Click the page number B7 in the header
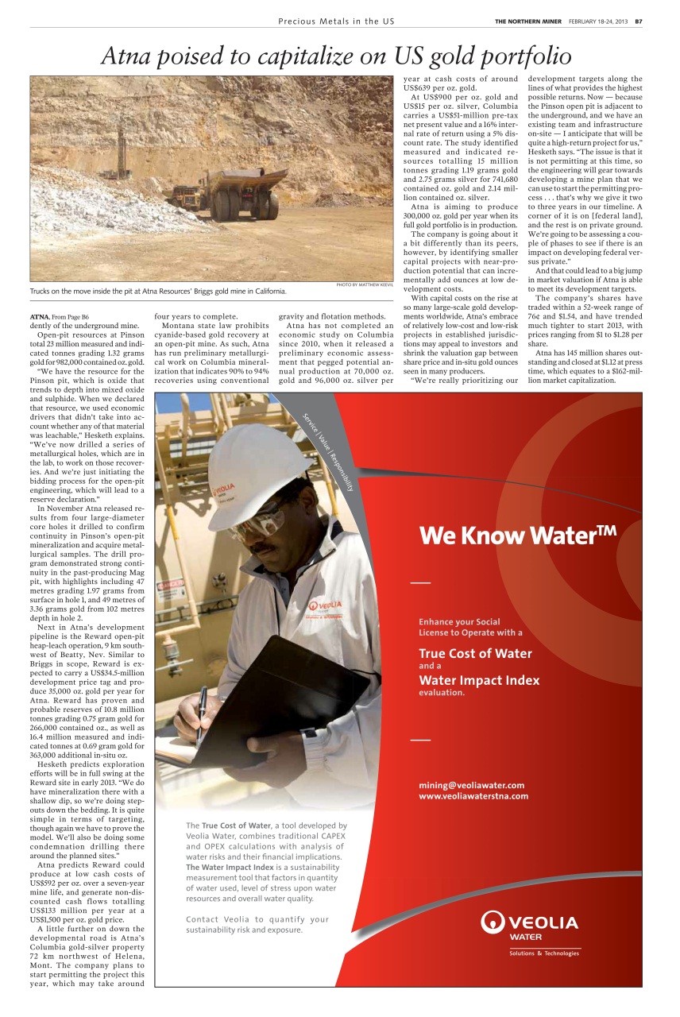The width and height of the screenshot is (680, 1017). tap(638, 21)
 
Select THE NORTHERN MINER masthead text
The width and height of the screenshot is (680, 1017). tap(528, 21)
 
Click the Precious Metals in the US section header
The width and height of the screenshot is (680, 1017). tap(336, 21)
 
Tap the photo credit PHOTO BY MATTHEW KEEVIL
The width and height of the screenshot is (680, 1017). tap(365, 284)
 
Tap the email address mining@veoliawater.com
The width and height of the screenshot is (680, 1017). tap(471, 785)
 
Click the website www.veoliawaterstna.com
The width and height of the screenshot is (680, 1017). tap(473, 796)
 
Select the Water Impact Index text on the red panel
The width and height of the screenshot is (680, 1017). tap(478, 680)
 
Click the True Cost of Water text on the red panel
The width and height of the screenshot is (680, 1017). tap(475, 654)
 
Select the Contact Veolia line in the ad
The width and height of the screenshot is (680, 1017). tap(257, 919)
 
